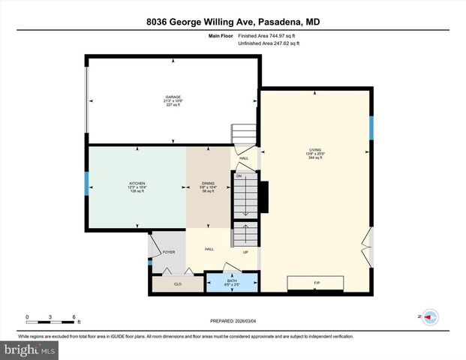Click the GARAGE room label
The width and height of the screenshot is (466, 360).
coord(173,97)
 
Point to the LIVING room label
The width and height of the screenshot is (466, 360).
coord(314,150)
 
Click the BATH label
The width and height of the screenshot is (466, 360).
coord(232,280)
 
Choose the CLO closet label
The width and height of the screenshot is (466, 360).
coord(178,284)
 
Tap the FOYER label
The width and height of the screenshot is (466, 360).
coord(169,252)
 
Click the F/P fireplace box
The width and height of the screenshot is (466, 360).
coord(315,283)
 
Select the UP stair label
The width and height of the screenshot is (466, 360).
coord(245,252)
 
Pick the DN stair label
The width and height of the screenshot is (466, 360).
coord(239,155)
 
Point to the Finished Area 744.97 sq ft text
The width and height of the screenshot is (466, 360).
coord(268,36)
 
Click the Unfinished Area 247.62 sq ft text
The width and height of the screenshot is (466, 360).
coord(268,44)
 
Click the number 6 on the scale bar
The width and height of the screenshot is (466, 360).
coord(74,316)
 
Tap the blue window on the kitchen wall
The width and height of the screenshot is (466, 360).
coord(87,185)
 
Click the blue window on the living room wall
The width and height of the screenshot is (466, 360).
coord(371,128)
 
